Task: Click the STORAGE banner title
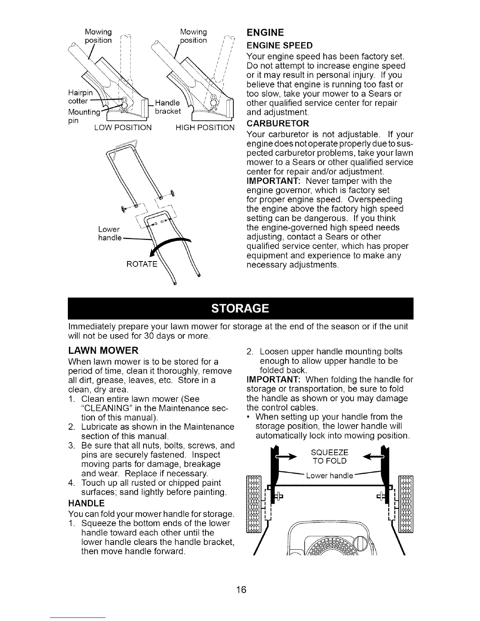(240, 309)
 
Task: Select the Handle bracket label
(168, 107)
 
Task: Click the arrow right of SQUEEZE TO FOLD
(373, 456)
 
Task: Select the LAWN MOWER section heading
(103, 350)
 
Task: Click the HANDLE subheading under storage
(86, 503)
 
